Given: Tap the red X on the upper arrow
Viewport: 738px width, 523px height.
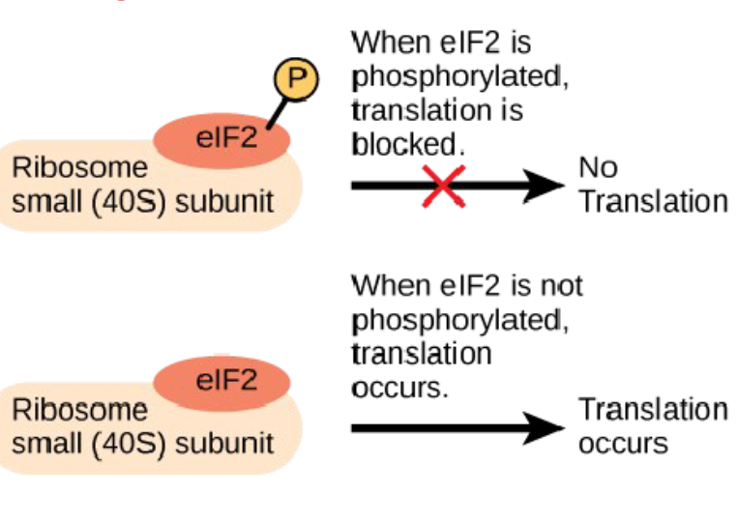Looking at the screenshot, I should point(443,186).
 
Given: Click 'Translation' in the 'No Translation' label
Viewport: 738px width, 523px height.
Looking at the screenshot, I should point(653,202).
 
